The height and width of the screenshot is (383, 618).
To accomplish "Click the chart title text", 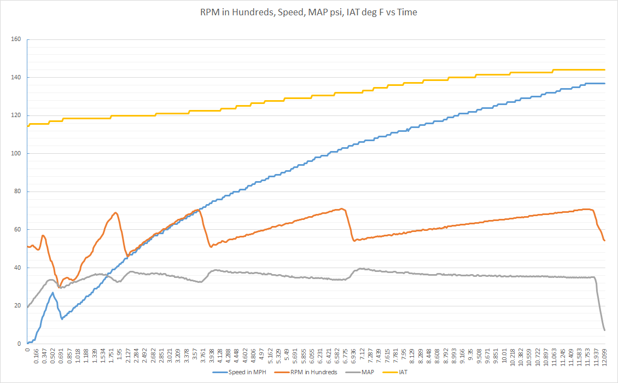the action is pyautogui.click(x=308, y=12).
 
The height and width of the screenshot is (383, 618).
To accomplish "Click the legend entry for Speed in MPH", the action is pyautogui.click(x=239, y=372).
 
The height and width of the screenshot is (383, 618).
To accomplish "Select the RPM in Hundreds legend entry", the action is pyautogui.click(x=306, y=372).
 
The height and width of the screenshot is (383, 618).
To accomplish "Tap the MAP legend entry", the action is pyautogui.click(x=359, y=372).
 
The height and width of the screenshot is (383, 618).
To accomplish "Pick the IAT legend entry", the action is pyautogui.click(x=395, y=372).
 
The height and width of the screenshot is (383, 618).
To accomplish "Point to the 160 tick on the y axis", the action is pyautogui.click(x=16, y=39).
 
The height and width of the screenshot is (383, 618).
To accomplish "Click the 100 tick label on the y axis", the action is pyautogui.click(x=16, y=153).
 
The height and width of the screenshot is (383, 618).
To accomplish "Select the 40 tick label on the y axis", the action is pyautogui.click(x=18, y=268).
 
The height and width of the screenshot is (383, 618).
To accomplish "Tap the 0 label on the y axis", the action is pyautogui.click(x=19, y=344).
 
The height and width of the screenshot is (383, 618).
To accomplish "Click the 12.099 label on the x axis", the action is pyautogui.click(x=604, y=357).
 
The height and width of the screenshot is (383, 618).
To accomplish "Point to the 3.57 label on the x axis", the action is pyautogui.click(x=195, y=353).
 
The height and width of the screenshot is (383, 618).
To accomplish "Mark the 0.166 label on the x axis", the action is pyautogui.click(x=36, y=357).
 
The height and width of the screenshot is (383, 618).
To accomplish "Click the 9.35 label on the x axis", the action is pyautogui.click(x=470, y=353).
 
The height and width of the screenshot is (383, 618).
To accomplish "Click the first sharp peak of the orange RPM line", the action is pyautogui.click(x=43, y=235).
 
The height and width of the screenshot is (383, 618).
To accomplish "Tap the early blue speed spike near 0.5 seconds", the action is pyautogui.click(x=53, y=293).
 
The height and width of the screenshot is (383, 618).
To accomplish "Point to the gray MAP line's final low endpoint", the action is pyautogui.click(x=604, y=330).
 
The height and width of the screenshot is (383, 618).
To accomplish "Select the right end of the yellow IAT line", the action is pyautogui.click(x=604, y=70).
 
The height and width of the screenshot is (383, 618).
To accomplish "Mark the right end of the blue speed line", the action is pyautogui.click(x=604, y=84).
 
